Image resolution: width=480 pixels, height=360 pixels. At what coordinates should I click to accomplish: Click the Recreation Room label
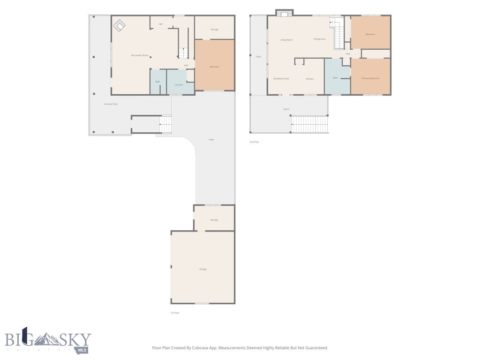click(x=140, y=56)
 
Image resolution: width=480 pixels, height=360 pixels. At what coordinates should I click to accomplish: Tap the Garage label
click(x=203, y=269)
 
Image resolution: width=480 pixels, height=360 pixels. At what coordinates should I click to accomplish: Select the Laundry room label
click(x=179, y=85)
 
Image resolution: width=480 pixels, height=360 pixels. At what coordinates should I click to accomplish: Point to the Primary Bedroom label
click(x=370, y=78)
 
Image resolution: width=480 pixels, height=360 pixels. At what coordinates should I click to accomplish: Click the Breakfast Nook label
click(x=281, y=79)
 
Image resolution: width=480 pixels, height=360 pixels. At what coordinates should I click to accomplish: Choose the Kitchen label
click(x=310, y=79)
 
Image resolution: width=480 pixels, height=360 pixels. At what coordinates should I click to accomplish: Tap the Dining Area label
click(x=319, y=39)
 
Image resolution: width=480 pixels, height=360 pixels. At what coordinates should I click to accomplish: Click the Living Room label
click(x=286, y=40)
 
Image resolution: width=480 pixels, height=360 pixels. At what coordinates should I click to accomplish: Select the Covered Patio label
click(x=111, y=104)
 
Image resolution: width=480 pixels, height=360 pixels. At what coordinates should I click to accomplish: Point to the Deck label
click(x=258, y=57)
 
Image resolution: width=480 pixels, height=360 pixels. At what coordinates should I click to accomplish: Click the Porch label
click(x=286, y=109)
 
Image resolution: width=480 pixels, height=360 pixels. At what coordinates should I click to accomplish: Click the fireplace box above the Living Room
click(x=284, y=13)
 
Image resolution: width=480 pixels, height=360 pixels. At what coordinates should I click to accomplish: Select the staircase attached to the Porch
click(x=309, y=124)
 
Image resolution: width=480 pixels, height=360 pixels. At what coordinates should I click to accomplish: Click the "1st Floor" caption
click(x=175, y=313)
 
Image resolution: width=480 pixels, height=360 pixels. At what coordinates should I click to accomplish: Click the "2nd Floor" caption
click(x=254, y=142)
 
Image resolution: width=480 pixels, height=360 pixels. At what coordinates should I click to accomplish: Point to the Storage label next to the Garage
click(x=214, y=220)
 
